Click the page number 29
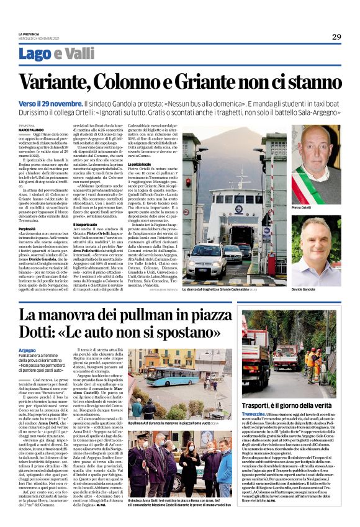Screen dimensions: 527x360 tap(336, 37)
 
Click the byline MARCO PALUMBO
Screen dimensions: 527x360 tap(30, 130)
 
